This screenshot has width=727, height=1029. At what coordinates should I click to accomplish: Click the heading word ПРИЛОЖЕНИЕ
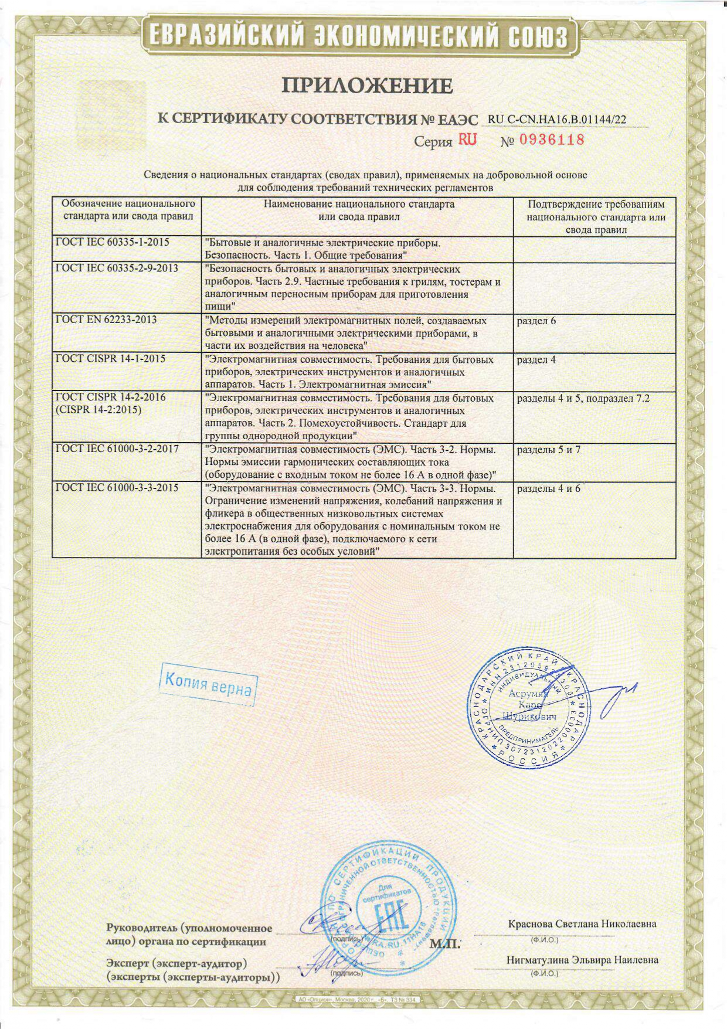coord(368,86)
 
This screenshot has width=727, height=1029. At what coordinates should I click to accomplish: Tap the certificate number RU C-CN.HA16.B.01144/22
coord(557,120)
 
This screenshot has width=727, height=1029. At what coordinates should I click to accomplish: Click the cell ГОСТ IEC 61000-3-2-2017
coord(117,449)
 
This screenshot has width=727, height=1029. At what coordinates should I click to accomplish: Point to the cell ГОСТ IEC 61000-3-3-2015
coord(117,488)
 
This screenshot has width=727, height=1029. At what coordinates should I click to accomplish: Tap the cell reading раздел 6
coord(536,321)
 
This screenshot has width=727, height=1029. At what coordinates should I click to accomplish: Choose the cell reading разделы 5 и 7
coord(548,450)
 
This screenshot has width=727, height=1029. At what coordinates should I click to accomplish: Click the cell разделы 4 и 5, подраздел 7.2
coord(583,398)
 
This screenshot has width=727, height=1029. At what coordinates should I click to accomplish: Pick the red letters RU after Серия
coord(468,140)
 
